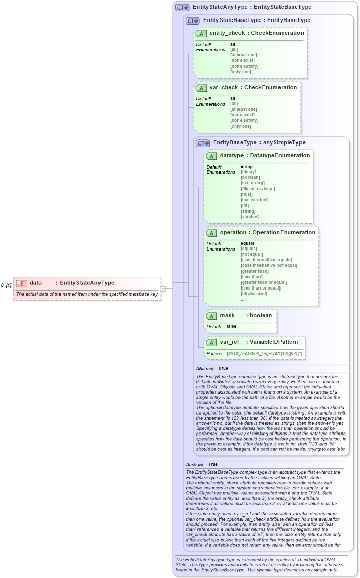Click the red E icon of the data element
pyautogui.click(x=22, y=283)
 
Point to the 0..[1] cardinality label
pyautogui.click(x=6, y=285)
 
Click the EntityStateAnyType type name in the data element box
pyautogui.click(x=87, y=283)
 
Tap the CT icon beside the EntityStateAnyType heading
pyautogui.click(x=182, y=8)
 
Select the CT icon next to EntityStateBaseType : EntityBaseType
pyautogui.click(x=192, y=20)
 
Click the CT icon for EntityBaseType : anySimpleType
pyautogui.click(x=203, y=143)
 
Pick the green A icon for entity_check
pyautogui.click(x=202, y=33)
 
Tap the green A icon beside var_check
pyautogui.click(x=202, y=88)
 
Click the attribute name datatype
pyautogui.click(x=231, y=156)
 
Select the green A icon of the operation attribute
pyautogui.click(x=212, y=233)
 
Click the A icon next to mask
pyautogui.click(x=212, y=316)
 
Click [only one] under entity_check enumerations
pyautogui.click(x=241, y=72)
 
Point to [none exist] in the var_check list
pyautogui.click(x=242, y=115)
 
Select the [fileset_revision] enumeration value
pyautogui.click(x=257, y=189)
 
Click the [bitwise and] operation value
pyautogui.click(x=253, y=294)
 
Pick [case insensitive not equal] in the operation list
pyautogui.click(x=268, y=265)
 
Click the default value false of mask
pyautogui.click(x=231, y=326)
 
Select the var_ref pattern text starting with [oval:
pyautogui.click(x=264, y=353)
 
